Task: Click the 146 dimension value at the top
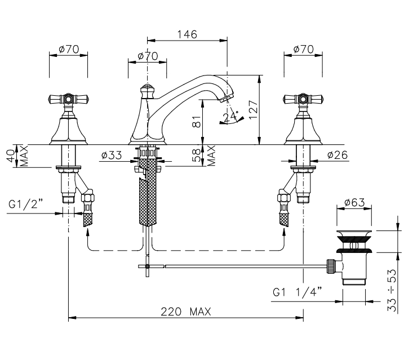pos(187,34)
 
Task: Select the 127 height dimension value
pos(253,109)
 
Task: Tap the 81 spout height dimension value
pos(196,121)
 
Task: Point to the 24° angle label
pos(231,117)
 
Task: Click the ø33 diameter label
pos(112,155)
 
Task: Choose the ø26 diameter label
pos(338,154)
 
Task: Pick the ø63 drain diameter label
pos(354,202)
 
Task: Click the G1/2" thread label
pos(25,205)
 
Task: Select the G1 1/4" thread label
pos(298,292)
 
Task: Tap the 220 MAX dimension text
pos(186,312)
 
